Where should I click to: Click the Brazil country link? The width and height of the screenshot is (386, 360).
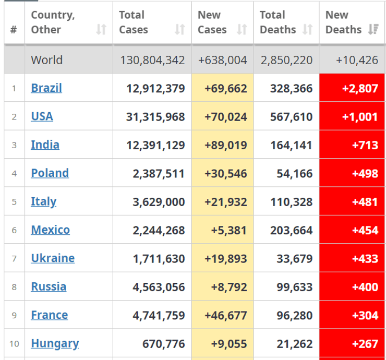[46, 88]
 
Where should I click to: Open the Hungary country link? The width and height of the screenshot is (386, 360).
[55, 343]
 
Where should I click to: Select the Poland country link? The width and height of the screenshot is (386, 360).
[50, 173]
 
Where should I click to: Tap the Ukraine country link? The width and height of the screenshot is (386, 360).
[53, 258]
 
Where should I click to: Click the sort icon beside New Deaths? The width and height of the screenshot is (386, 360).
[373, 30]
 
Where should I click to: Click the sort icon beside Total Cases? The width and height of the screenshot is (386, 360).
[180, 30]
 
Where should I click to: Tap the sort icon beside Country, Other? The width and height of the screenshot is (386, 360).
[101, 30]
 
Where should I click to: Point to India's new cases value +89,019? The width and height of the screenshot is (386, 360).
[225, 145]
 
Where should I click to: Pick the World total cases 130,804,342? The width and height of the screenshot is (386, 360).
[152, 60]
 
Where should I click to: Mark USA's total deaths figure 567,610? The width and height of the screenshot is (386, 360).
[291, 116]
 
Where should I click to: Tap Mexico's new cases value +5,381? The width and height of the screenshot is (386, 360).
[229, 230]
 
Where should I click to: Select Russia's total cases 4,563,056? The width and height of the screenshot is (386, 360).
[159, 286]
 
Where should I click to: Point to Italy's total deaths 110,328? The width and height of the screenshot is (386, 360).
[291, 201]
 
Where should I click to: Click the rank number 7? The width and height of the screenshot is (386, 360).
[14, 258]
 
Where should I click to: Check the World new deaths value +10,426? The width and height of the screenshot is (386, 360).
[357, 60]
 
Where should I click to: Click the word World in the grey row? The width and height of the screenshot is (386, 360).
[46, 60]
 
